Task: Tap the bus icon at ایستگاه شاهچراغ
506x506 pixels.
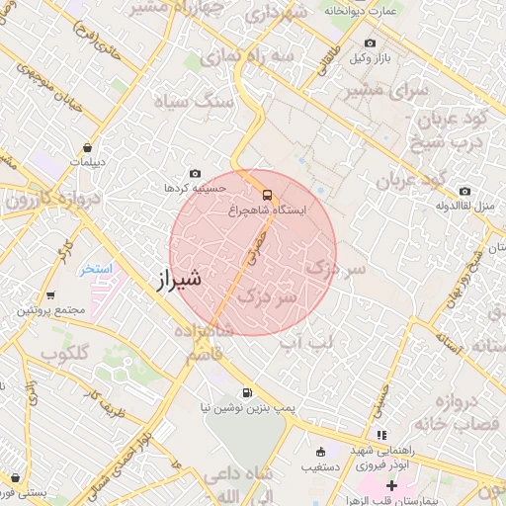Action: (x=267, y=194)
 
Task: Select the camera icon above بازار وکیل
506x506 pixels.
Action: (x=370, y=43)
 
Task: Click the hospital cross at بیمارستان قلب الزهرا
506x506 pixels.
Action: (x=392, y=485)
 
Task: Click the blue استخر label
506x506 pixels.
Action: (x=97, y=269)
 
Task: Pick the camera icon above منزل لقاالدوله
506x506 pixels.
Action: (x=464, y=191)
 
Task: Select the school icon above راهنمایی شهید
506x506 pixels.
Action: (x=381, y=434)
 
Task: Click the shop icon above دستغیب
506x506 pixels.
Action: (x=318, y=451)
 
